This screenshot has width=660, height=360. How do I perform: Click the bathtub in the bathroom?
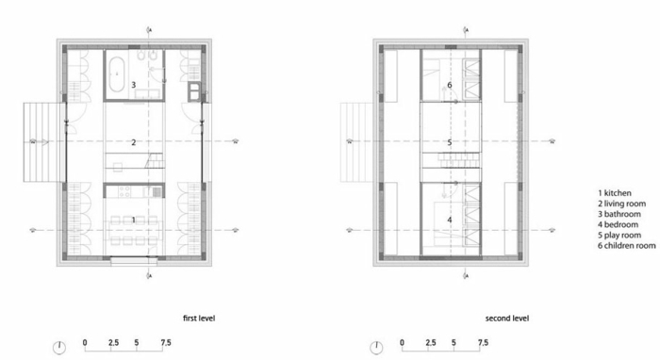pos(116,74)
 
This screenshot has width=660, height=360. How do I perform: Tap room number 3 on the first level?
pos(134,85)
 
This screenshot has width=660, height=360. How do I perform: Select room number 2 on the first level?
pos(134,142)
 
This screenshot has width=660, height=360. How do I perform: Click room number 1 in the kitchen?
pos(134,220)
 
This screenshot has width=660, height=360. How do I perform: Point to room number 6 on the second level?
pos(450,85)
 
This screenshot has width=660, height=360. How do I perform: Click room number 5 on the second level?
pos(450,142)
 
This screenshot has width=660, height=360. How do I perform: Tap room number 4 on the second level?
pos(450,220)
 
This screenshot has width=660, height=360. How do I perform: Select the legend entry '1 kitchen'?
pos(615,193)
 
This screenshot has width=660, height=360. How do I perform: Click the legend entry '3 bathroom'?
pos(619,214)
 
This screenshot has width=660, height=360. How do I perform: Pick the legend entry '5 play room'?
pos(619,235)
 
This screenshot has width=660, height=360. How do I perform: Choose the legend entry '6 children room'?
pos(626,246)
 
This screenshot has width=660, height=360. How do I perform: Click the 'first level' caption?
pos(199,319)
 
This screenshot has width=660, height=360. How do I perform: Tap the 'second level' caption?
pos(507,319)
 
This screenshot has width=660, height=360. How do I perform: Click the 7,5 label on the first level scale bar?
pos(166,343)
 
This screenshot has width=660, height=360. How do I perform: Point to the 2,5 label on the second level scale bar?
pos(431,343)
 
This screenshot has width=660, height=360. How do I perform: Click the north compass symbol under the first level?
pos(59,348)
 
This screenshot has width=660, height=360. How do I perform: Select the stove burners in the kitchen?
pos(124,191)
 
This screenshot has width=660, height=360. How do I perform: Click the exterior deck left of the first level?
pos(42,142)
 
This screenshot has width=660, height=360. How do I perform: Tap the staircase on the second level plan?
pos(459,159)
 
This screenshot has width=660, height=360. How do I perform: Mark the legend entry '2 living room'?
pos(621,204)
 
